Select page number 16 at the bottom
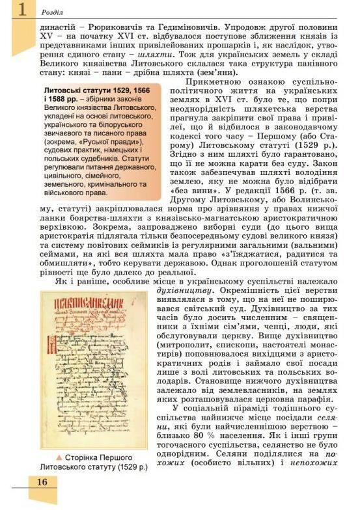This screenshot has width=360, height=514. (x=42, y=481)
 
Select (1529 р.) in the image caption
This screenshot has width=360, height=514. (x=130, y=467)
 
